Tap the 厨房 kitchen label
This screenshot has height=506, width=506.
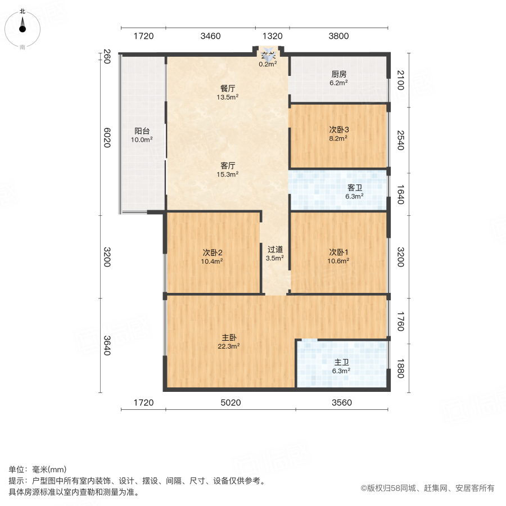[x=338, y=74]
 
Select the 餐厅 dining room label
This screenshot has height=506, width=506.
[x=227, y=88]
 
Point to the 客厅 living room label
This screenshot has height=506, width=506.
[x=227, y=166]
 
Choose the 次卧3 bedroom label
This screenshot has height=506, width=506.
[x=339, y=129]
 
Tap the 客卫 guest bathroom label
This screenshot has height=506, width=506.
[x=354, y=187]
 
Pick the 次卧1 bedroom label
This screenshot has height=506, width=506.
[x=339, y=252]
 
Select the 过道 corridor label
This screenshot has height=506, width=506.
[x=274, y=249]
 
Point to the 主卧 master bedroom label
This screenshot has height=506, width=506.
[x=229, y=337]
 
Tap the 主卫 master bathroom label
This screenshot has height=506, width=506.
[x=341, y=362]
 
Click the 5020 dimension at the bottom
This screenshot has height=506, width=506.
[x=231, y=403]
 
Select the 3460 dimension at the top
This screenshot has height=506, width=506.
[x=210, y=37]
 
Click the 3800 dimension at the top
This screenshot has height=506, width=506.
[x=338, y=37]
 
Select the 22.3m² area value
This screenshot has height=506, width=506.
[x=229, y=346]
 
